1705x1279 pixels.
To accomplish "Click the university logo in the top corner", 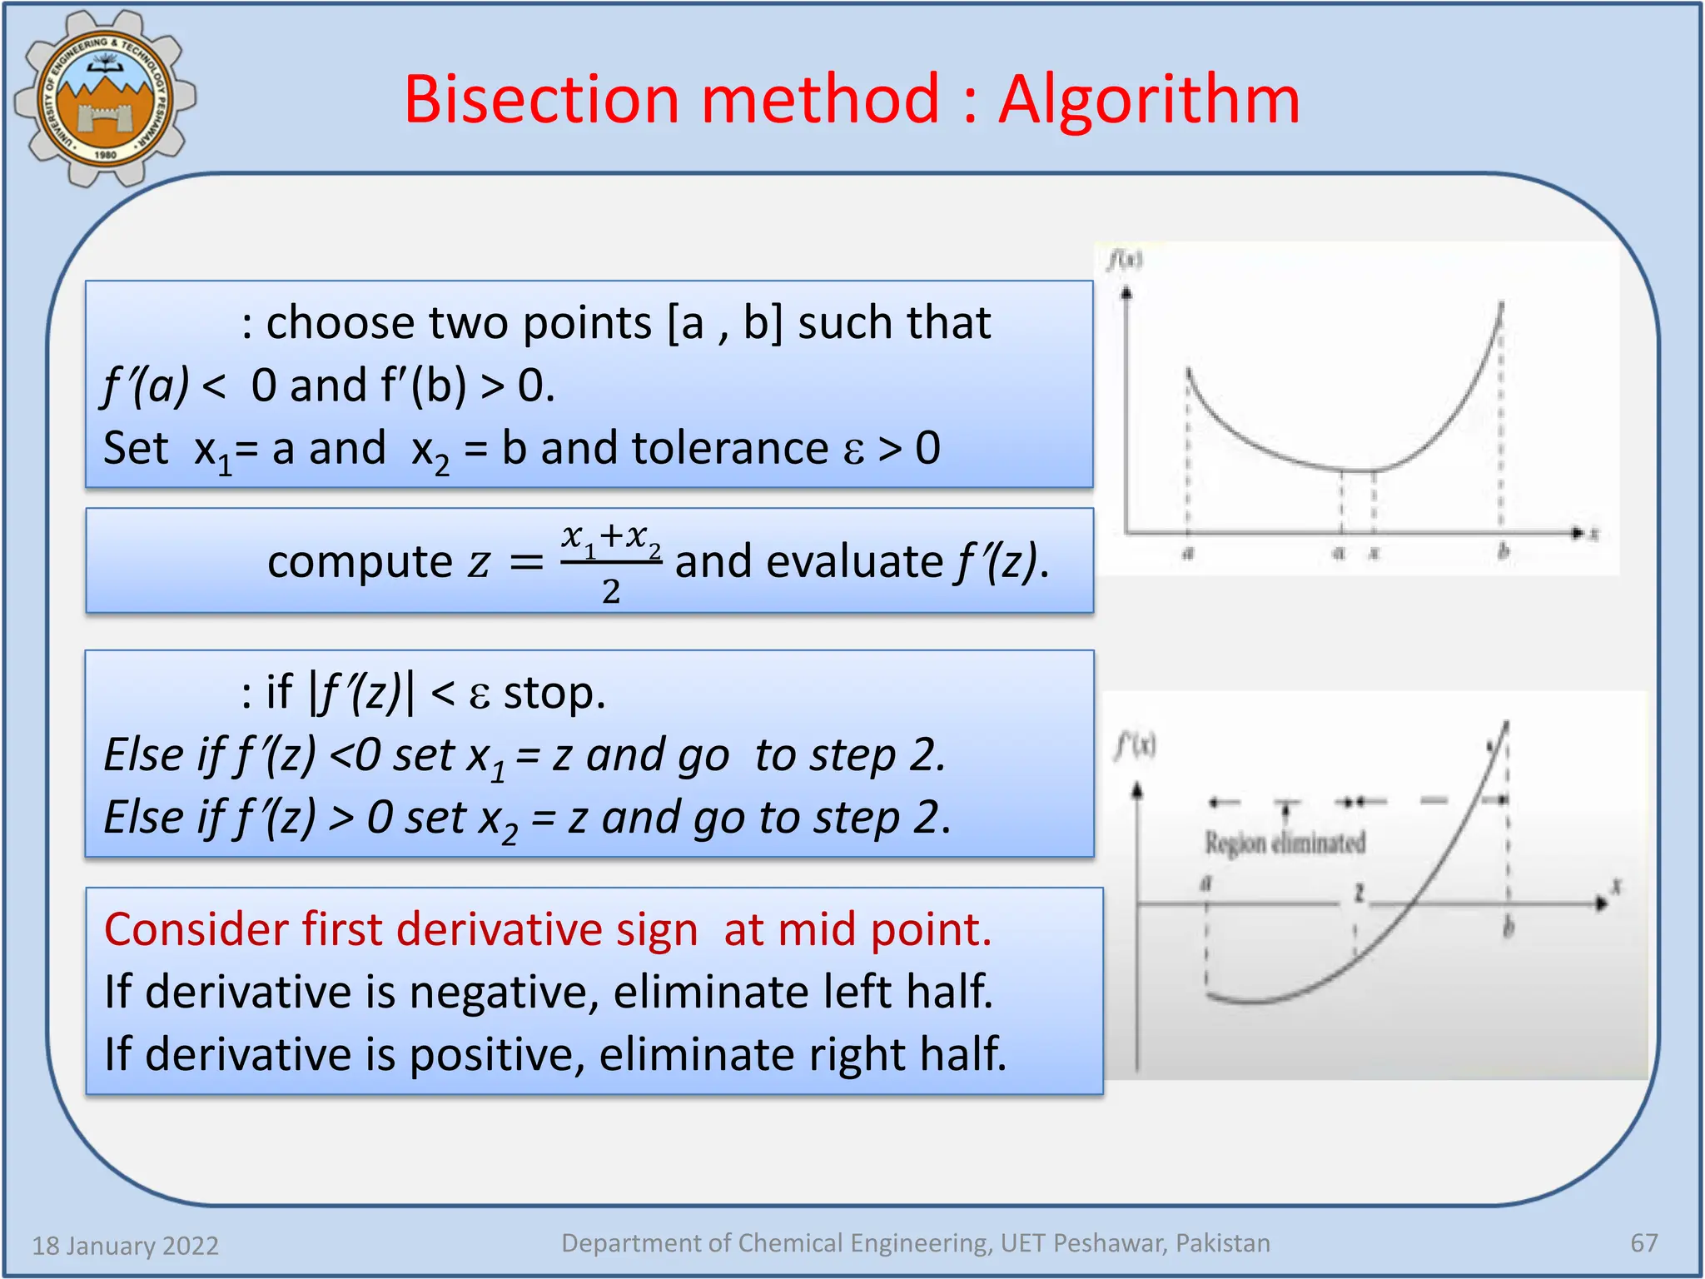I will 105,99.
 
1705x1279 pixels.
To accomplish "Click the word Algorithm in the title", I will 1149,101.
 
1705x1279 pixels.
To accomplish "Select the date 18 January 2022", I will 125,1246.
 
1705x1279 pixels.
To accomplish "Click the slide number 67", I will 1643,1243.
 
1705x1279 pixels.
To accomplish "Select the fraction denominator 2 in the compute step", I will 611,591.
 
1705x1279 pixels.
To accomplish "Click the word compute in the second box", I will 360,562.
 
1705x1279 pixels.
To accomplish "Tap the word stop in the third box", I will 553,693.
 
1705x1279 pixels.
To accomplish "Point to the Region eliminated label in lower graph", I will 1285,843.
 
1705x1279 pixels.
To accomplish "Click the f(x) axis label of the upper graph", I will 1125,261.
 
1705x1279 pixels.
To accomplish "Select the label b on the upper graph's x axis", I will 1504,551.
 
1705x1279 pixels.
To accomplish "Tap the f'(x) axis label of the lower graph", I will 1136,744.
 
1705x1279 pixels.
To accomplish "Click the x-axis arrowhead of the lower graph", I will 1599,903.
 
